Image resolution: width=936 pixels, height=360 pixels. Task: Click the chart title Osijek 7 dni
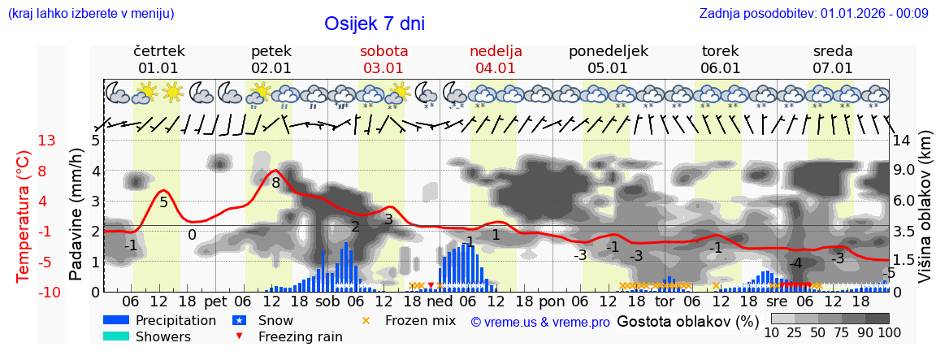pyautogui.click(x=374, y=24)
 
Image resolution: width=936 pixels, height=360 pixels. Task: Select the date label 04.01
pyautogui.click(x=496, y=68)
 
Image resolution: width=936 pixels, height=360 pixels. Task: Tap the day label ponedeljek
pyautogui.click(x=608, y=51)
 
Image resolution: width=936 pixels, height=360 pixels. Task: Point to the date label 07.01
pyautogui.click(x=833, y=68)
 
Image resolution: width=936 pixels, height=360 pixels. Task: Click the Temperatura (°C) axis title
pyautogui.click(x=24, y=216)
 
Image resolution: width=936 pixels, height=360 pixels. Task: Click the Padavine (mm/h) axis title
pyautogui.click(x=76, y=216)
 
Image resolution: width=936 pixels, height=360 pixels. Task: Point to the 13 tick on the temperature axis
pyautogui.click(x=46, y=141)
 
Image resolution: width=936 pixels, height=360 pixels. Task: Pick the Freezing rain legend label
pyautogui.click(x=300, y=336)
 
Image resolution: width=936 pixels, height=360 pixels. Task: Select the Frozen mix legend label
pyautogui.click(x=420, y=320)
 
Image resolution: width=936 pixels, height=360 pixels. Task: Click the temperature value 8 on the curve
pyautogui.click(x=275, y=183)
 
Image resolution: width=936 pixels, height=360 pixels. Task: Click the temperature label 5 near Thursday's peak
pyautogui.click(x=163, y=202)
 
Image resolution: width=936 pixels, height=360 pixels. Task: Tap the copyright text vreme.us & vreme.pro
pyautogui.click(x=539, y=323)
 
